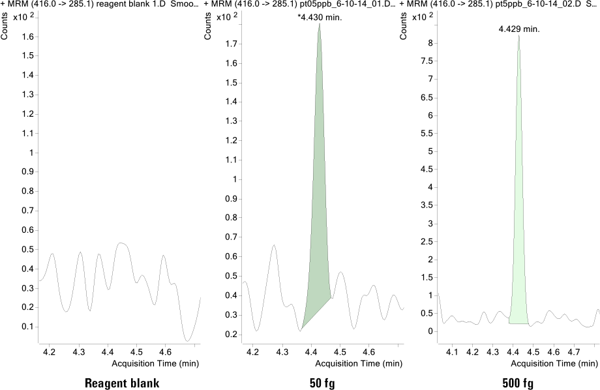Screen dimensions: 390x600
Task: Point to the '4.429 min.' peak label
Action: (519, 29)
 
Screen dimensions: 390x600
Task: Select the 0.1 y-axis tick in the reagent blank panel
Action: (27, 326)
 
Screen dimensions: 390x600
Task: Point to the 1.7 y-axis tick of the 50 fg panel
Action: (231, 44)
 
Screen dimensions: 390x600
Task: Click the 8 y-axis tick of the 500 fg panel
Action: (430, 43)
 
